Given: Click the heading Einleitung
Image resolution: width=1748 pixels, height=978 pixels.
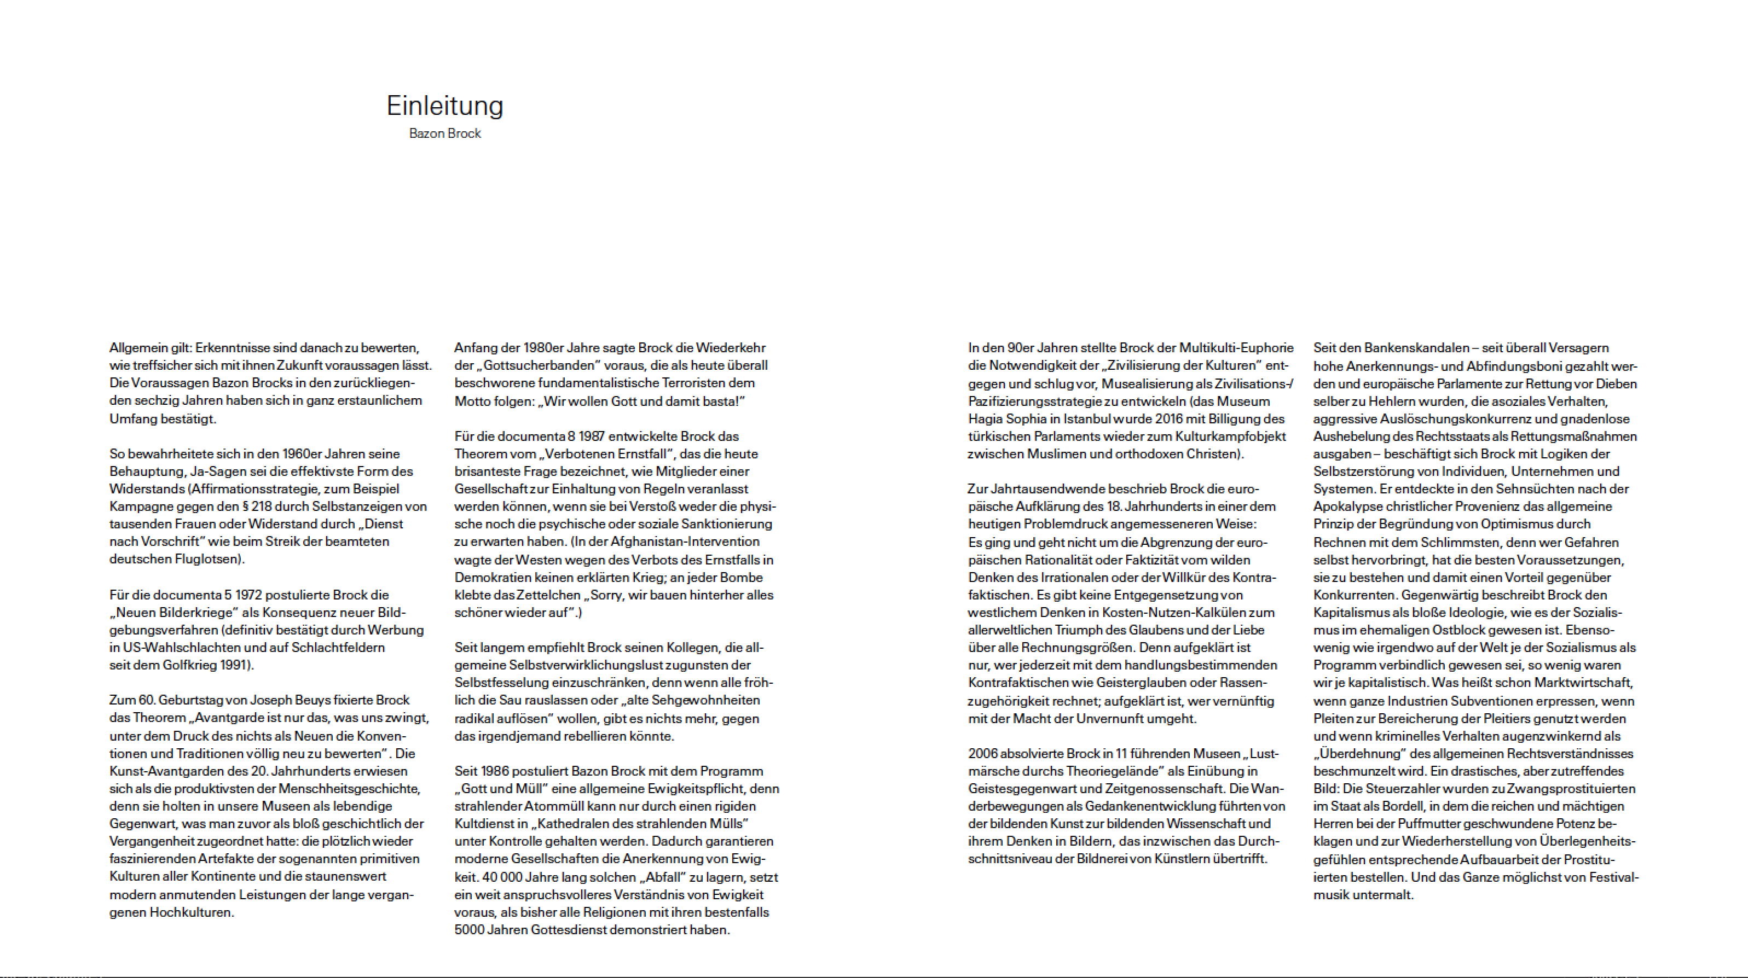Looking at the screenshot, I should [444, 106].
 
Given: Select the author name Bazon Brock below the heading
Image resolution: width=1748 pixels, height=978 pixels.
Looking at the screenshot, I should [444, 133].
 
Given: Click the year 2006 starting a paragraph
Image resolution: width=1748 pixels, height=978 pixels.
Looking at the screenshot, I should [982, 754].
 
